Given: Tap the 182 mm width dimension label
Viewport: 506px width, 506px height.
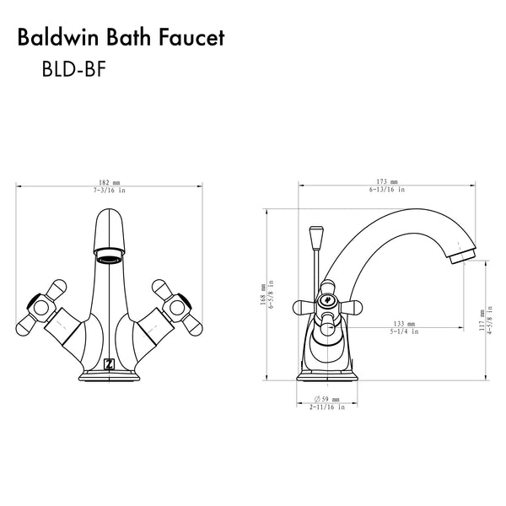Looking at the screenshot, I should tap(110, 182).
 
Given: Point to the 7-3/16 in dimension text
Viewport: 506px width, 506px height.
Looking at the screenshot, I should tap(110, 191).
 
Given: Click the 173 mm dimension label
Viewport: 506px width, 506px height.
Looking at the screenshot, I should tap(387, 182).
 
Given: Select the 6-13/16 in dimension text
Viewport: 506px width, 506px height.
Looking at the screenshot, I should tap(387, 191).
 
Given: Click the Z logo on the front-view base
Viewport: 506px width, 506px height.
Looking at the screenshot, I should tap(110, 363).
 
